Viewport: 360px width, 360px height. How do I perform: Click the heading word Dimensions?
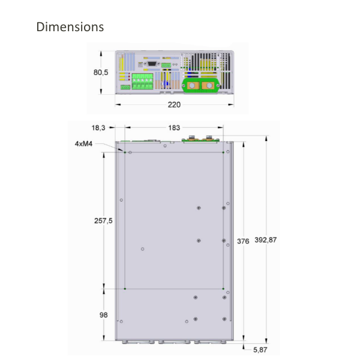coord(70,27)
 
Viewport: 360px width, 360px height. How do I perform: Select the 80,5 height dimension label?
coord(101,73)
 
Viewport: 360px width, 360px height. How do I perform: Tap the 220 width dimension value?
coord(174,104)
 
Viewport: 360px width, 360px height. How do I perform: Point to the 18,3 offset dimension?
coord(99,128)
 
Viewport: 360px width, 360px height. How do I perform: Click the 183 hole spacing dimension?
coord(174,128)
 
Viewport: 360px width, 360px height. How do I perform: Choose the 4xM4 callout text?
coord(83,144)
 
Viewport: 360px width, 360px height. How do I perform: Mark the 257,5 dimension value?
coord(103,221)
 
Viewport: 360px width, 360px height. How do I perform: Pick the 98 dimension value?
coord(104,314)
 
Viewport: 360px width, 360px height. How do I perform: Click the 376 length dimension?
coord(243,241)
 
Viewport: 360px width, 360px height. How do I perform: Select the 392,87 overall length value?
coord(266,241)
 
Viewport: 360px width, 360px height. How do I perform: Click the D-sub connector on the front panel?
coord(152,62)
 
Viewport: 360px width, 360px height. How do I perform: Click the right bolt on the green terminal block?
coord(209,86)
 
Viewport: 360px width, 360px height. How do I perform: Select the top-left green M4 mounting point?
coord(124,152)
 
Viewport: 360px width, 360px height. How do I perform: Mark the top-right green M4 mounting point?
coord(223,152)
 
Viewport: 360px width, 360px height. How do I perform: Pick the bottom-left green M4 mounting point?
coord(124,289)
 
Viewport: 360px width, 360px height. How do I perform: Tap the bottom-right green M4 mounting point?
coord(223,289)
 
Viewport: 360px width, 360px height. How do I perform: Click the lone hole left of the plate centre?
coord(142,248)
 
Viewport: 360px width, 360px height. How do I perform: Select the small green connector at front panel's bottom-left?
coord(125,88)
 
